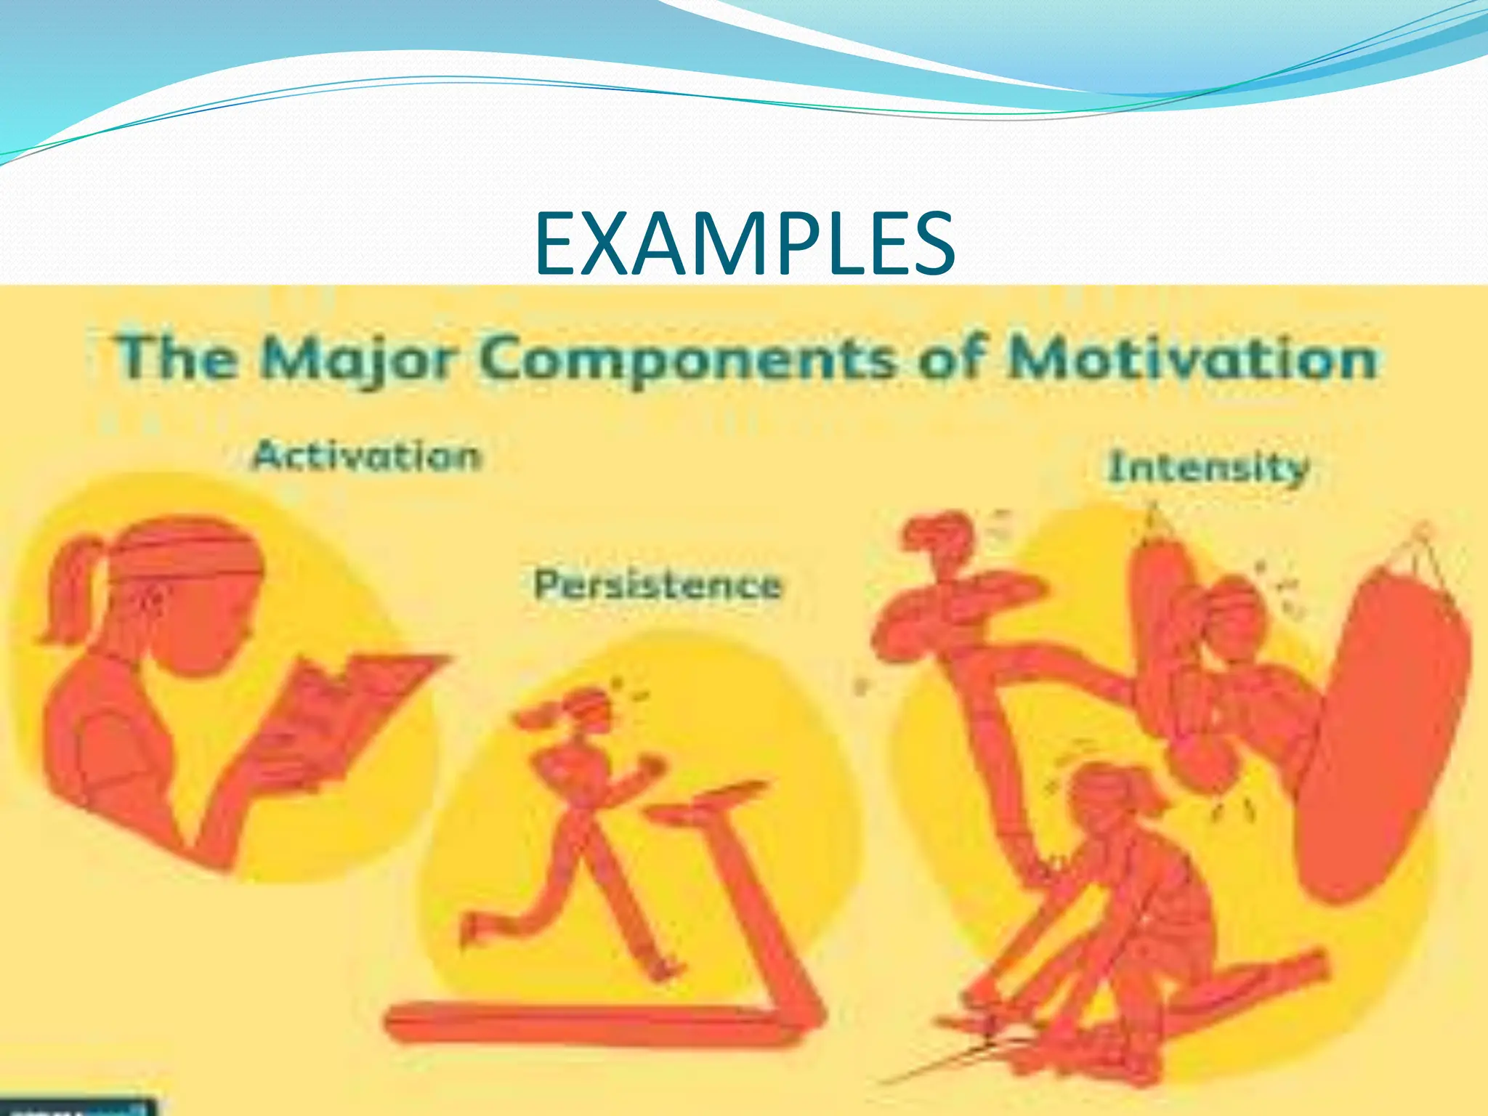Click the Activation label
coord(366,456)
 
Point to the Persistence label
coord(658,585)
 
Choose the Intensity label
coord(1208,467)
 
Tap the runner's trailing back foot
coord(472,930)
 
